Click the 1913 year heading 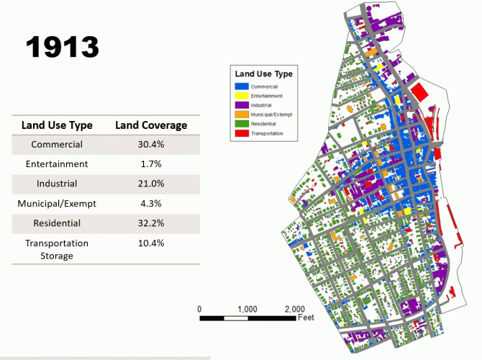pyautogui.click(x=63, y=48)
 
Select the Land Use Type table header pyautogui.click(x=57, y=125)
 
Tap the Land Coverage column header pyautogui.click(x=151, y=125)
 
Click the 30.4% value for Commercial pyautogui.click(x=151, y=145)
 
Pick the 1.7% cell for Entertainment pyautogui.click(x=151, y=164)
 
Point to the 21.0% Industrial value pyautogui.click(x=151, y=184)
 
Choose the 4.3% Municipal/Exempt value pyautogui.click(x=151, y=204)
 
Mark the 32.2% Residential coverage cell pyautogui.click(x=151, y=223)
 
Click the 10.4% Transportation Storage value pyautogui.click(x=151, y=243)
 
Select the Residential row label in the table pyautogui.click(x=57, y=223)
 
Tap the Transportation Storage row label pyautogui.click(x=57, y=249)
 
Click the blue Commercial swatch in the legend pyautogui.click(x=242, y=86)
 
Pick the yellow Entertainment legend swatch pyautogui.click(x=242, y=96)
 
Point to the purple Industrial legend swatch pyautogui.click(x=242, y=105)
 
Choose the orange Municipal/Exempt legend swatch pyautogui.click(x=242, y=114)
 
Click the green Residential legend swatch pyautogui.click(x=242, y=124)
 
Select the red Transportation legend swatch pyautogui.click(x=242, y=133)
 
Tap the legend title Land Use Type pyautogui.click(x=263, y=73)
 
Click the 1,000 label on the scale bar pyautogui.click(x=247, y=309)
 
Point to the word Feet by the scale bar pyautogui.click(x=306, y=318)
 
